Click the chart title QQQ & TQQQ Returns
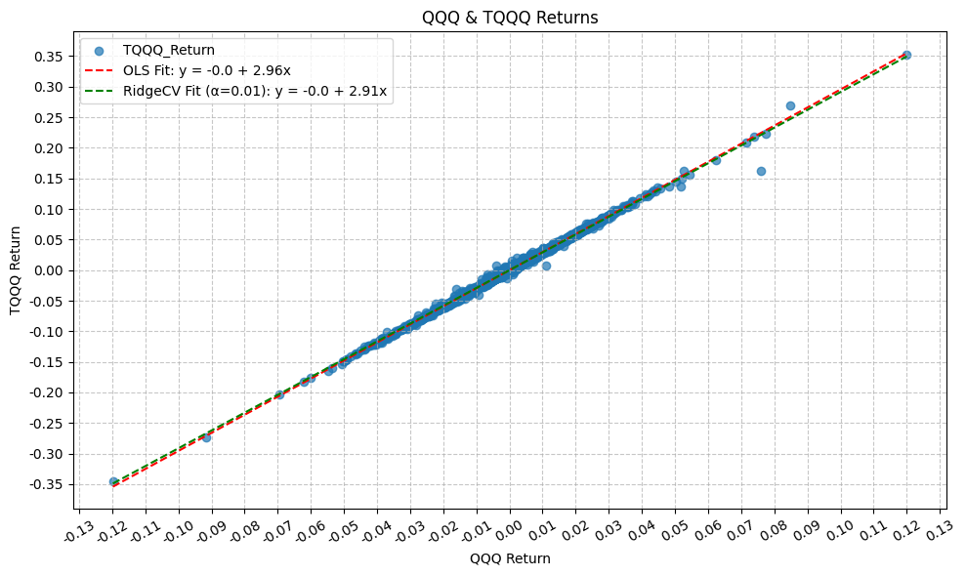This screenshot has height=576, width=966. coord(509,18)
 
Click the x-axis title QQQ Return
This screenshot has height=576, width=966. coord(509,558)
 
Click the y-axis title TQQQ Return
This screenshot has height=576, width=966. coord(16,270)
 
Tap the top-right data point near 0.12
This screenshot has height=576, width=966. coord(906,56)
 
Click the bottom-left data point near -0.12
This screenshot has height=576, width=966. coord(113,481)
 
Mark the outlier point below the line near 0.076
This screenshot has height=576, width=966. coord(761,171)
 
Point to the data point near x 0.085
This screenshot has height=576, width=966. coord(790,105)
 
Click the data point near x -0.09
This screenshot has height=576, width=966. coord(206,437)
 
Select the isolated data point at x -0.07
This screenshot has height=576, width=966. coord(278,394)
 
